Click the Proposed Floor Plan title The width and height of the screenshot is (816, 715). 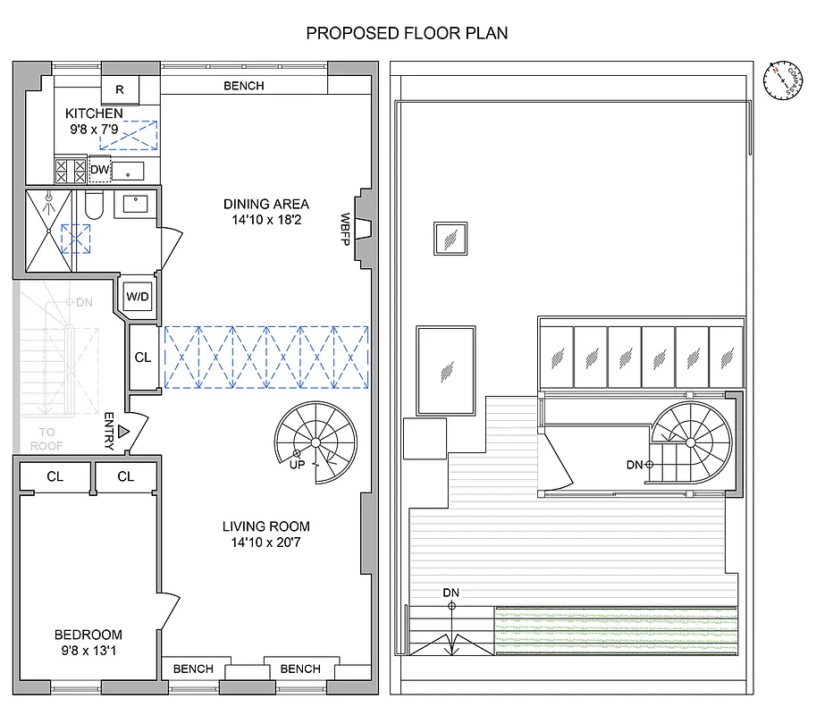click(x=407, y=34)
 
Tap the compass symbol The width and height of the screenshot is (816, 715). click(x=780, y=80)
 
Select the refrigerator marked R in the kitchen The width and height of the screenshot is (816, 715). click(x=121, y=89)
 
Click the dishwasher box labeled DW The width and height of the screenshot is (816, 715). click(x=100, y=169)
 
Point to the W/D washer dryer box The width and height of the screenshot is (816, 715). click(x=138, y=296)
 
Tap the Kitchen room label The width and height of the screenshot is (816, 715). click(x=94, y=114)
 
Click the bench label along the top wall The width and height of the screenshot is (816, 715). click(x=243, y=86)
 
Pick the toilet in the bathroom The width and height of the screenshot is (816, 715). click(x=95, y=206)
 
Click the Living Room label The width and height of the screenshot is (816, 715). click(x=266, y=526)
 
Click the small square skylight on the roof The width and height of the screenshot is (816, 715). click(x=450, y=239)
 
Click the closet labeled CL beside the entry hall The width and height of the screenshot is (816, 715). click(x=143, y=357)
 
